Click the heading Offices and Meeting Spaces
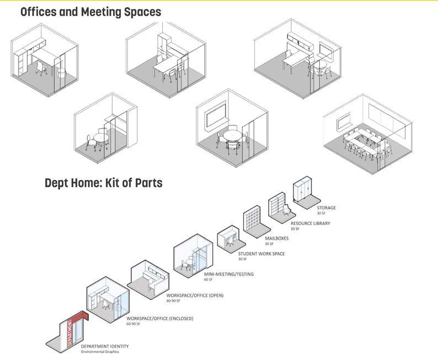pos(90,11)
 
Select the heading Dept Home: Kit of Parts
pos(104,183)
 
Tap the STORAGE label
pos(326,208)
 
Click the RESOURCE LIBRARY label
pos(310,224)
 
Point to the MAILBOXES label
pos(276,239)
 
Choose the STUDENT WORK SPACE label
pos(261,254)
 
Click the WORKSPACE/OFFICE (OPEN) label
pos(195,295)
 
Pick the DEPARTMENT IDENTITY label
pos(105,346)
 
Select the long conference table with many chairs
pos(365,142)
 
